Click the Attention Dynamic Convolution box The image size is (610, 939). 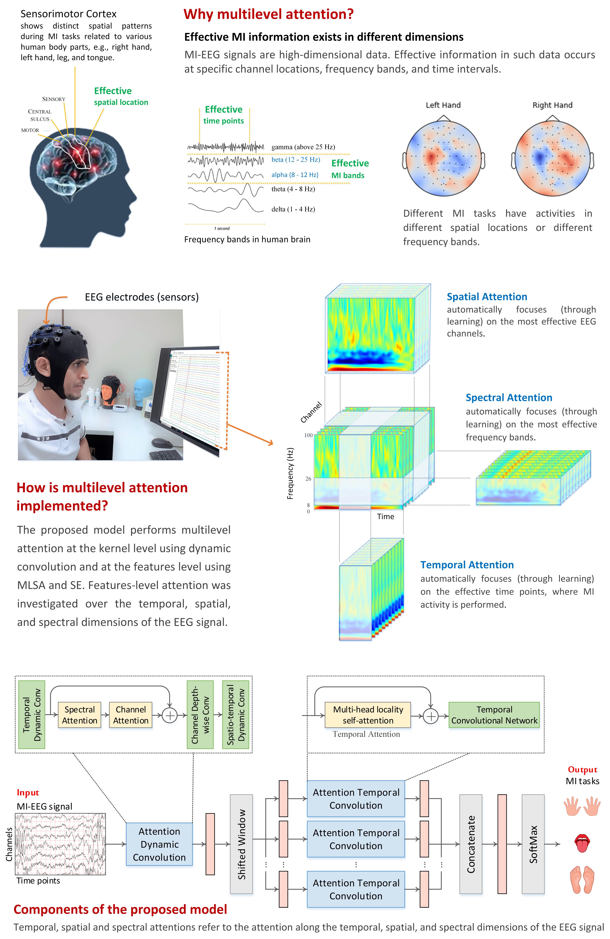point(159,844)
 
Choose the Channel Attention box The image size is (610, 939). point(131,715)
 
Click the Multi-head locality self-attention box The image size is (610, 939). point(368,715)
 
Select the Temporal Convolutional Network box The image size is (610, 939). point(494,715)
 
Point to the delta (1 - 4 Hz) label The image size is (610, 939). point(293,209)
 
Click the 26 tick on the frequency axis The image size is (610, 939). point(308,479)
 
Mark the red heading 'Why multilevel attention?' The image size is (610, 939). point(268,14)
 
